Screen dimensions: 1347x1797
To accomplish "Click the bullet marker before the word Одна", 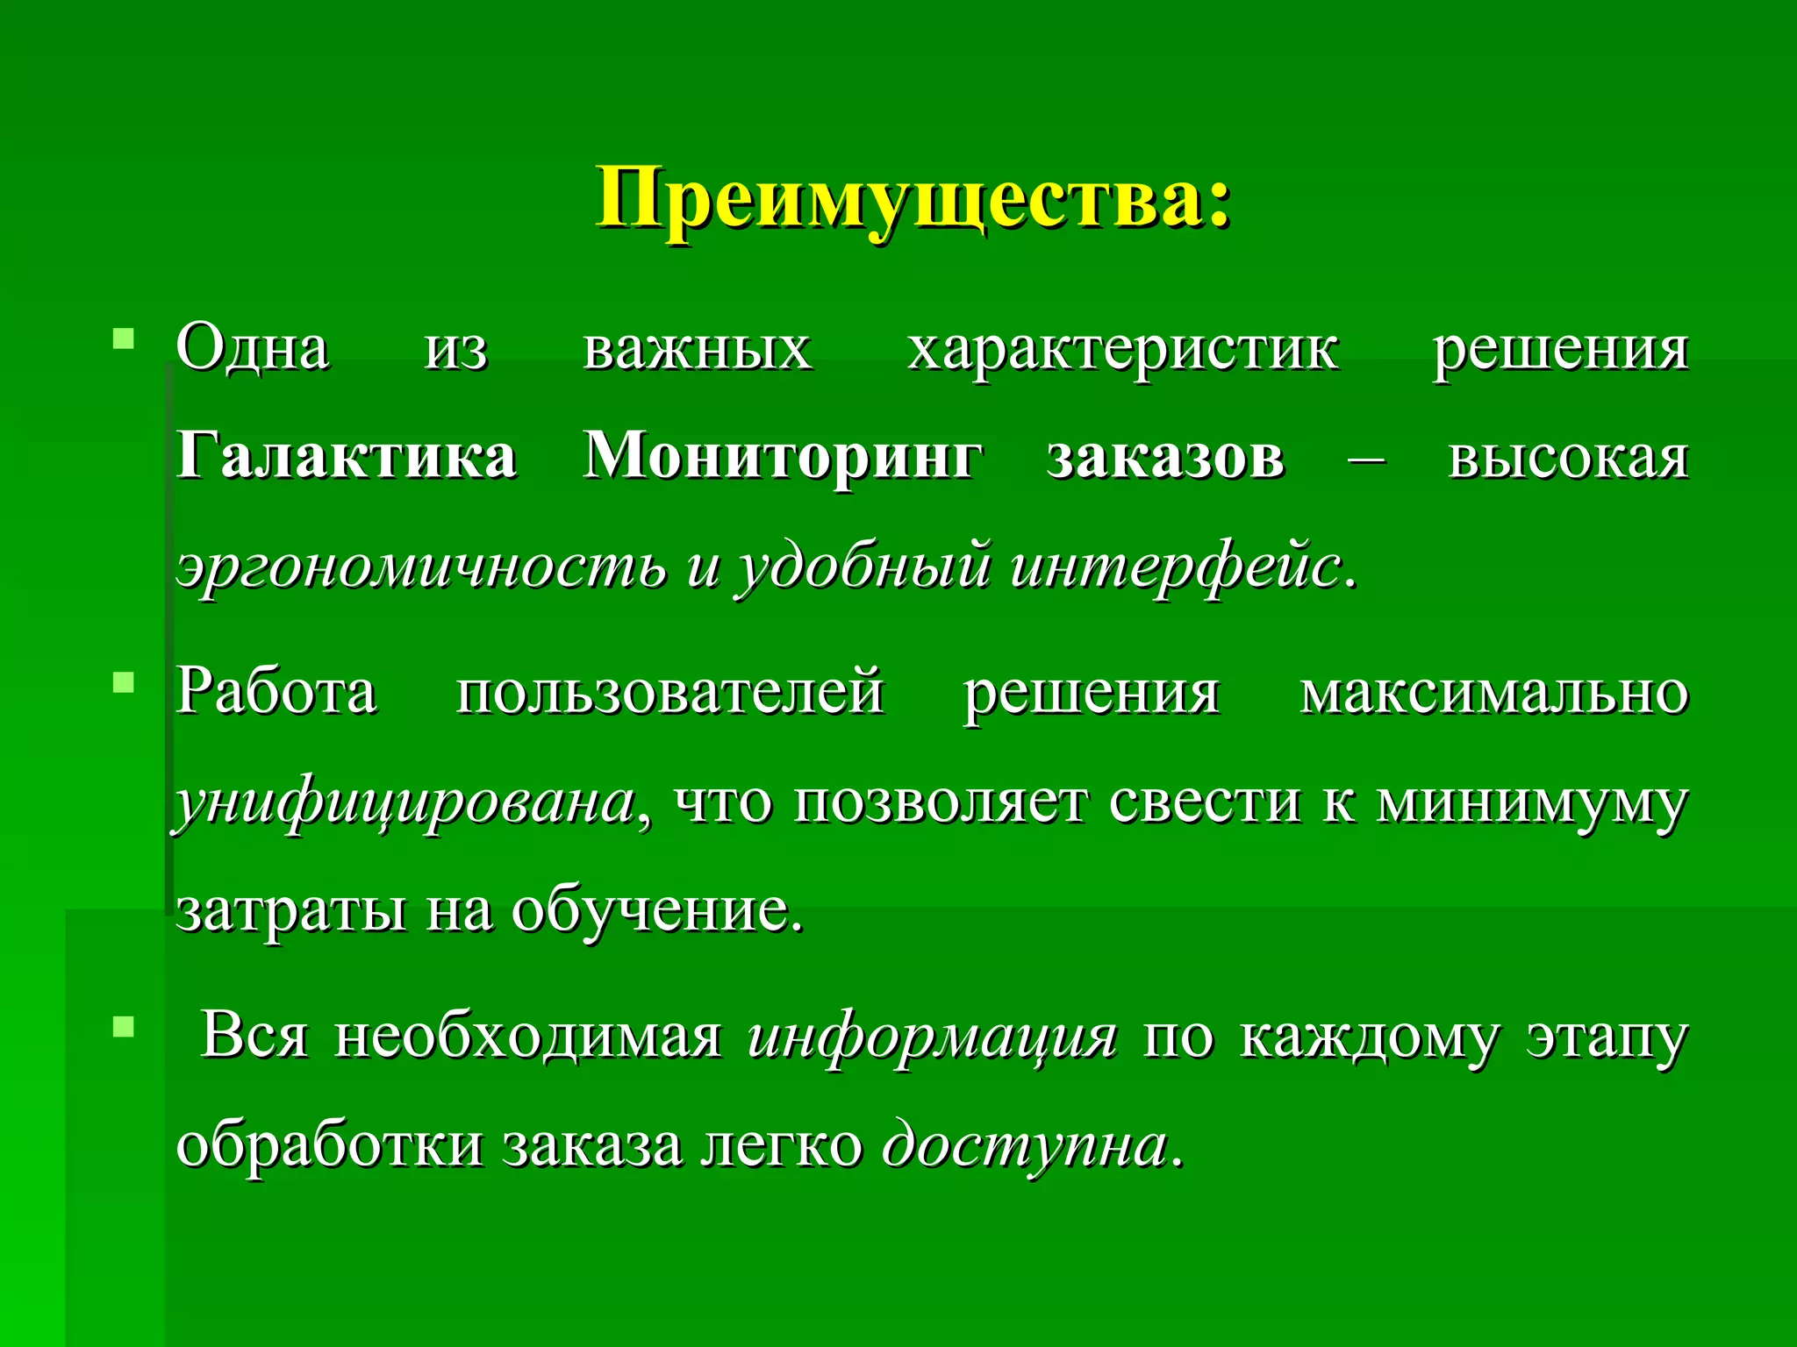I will click(x=124, y=338).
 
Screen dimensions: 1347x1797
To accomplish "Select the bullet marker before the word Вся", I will click(x=124, y=1025).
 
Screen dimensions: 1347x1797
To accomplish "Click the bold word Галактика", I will click(x=347, y=457).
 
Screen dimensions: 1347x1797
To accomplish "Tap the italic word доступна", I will click(x=1027, y=1145).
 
